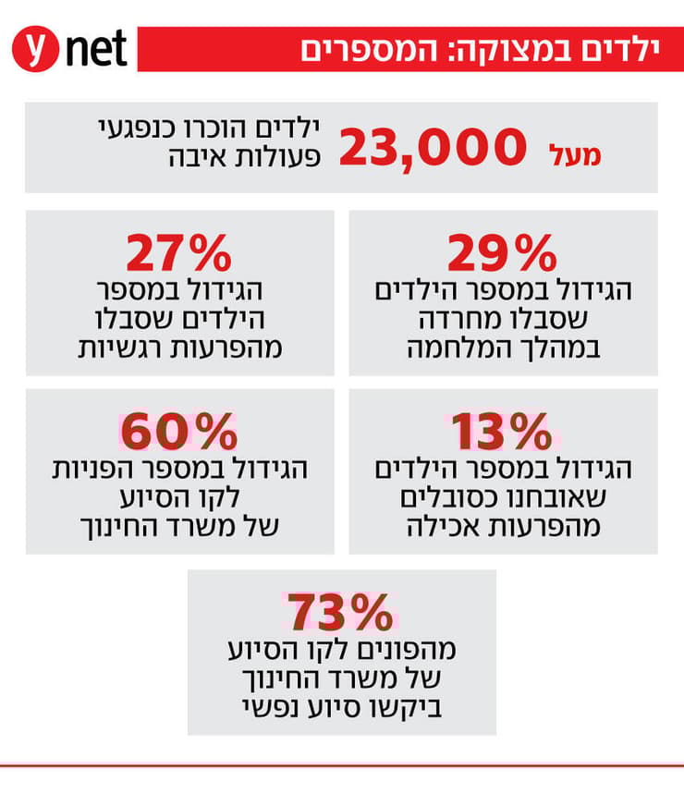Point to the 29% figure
pos(502,251)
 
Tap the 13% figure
pos(502,430)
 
